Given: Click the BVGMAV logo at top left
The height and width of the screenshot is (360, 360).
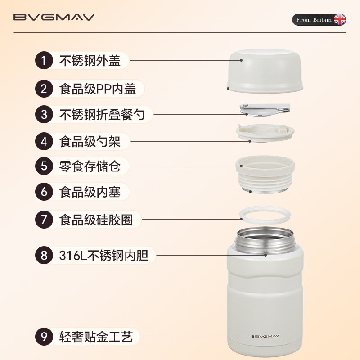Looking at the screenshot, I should (x=54, y=18).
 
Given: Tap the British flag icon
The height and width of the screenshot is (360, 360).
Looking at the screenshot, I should (x=339, y=20).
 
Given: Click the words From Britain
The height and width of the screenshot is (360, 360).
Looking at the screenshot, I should (x=314, y=20).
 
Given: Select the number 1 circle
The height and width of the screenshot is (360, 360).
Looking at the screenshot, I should (x=44, y=61).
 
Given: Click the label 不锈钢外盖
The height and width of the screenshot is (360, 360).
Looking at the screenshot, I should (x=90, y=61).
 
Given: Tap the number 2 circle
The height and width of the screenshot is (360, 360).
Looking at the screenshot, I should (x=44, y=89).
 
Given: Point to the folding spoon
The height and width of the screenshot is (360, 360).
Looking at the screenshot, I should (x=265, y=109).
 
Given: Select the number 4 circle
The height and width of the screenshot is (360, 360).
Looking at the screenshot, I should (x=44, y=142).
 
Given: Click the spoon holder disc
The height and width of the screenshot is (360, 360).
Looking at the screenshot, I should (x=265, y=133).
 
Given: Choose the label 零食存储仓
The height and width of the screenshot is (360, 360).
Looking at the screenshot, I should (x=90, y=166).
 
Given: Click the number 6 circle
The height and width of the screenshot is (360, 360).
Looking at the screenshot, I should (x=44, y=191).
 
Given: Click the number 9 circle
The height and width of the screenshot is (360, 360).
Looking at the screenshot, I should (x=44, y=337).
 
